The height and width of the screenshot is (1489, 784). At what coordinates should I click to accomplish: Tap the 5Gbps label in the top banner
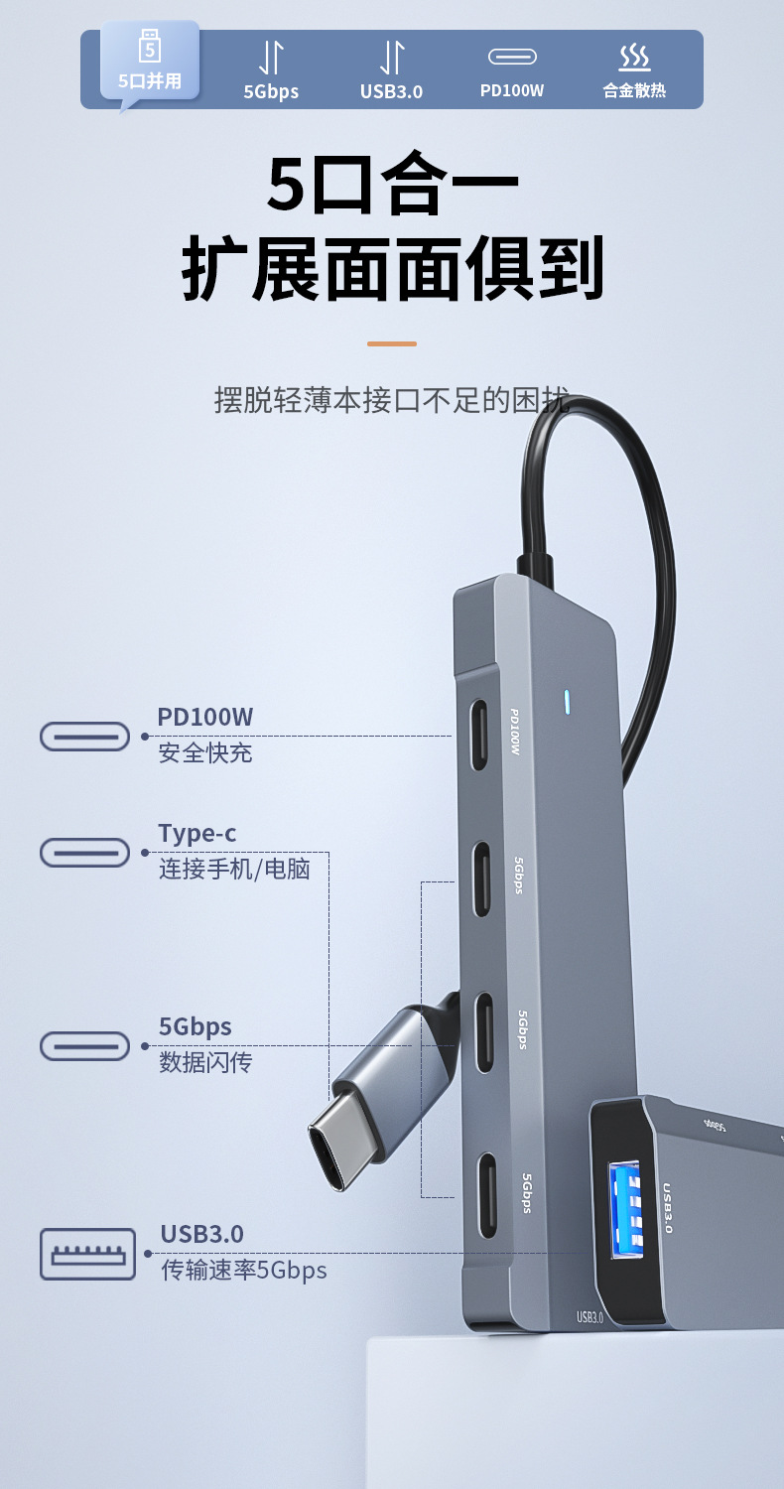(x=271, y=91)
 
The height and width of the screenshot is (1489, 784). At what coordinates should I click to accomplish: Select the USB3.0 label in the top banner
(x=391, y=91)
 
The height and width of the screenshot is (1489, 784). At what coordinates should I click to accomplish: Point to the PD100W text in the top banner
(x=512, y=90)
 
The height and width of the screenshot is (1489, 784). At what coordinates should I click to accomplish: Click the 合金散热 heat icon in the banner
(x=634, y=58)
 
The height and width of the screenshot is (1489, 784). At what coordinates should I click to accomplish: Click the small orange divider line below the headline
(x=392, y=343)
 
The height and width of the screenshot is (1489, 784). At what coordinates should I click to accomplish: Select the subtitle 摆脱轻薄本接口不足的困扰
(x=392, y=400)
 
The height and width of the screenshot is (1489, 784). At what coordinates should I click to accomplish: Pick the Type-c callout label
(x=197, y=833)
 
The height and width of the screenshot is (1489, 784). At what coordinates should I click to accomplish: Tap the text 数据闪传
(x=206, y=1062)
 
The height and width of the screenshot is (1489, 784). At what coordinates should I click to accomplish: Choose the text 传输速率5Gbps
(x=244, y=1270)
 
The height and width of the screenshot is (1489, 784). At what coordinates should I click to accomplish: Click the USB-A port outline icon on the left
(x=87, y=1254)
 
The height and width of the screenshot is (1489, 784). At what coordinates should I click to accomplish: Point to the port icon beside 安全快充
(x=85, y=737)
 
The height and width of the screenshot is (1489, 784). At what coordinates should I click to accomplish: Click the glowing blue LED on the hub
(x=566, y=702)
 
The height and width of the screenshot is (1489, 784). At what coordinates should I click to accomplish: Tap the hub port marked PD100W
(x=480, y=736)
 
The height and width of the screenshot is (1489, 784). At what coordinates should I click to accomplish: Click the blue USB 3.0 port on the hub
(x=626, y=1212)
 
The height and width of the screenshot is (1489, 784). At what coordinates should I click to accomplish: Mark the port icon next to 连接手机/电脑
(x=85, y=852)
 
